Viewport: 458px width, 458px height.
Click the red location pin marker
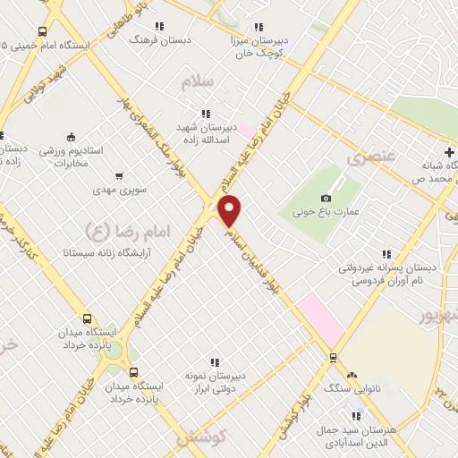tap(230, 210)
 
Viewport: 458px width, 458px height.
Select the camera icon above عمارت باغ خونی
tap(326, 198)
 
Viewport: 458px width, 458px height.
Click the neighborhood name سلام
tap(199, 82)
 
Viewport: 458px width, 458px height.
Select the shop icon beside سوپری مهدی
tap(121, 176)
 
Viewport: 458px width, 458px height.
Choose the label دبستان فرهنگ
tap(153, 40)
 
